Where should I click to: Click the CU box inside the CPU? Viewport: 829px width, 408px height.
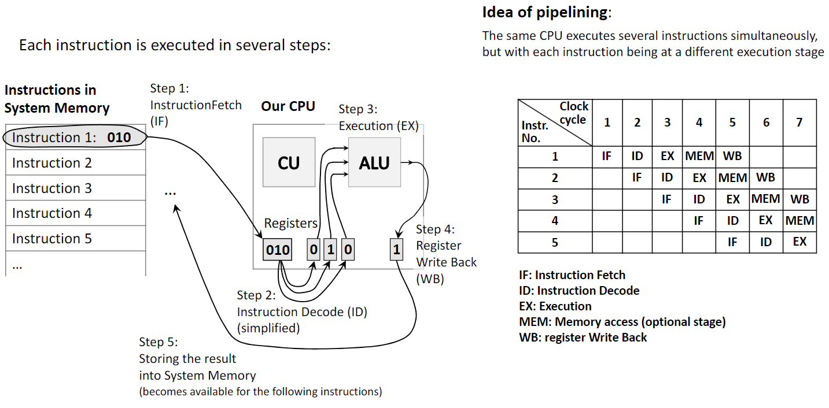pos(289,162)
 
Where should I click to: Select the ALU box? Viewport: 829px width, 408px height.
pos(374,162)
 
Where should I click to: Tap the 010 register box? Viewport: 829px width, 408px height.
pos(278,250)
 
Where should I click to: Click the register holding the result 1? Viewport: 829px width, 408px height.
pos(396,250)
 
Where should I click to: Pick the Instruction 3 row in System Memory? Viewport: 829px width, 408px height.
pos(75,188)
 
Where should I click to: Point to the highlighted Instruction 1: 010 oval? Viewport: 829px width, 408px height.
pos(74,138)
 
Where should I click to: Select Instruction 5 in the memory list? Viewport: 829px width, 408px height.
pos(75,239)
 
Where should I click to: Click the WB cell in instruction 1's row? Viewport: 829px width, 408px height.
pos(732,156)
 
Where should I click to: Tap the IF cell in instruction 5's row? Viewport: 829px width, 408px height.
pos(732,242)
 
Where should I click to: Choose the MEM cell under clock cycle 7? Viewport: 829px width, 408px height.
pos(799,221)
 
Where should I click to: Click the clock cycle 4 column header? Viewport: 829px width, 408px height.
pos(699,123)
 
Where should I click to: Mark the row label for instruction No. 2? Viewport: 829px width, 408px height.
pos(555,178)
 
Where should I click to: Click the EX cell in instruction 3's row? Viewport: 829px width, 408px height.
pos(732,199)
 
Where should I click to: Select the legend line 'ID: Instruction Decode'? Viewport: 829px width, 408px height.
pos(579,291)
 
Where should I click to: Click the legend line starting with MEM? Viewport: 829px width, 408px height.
pos(622,322)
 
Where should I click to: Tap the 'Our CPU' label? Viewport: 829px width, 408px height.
pos(288,106)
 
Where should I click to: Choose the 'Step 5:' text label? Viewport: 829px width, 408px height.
pos(159,342)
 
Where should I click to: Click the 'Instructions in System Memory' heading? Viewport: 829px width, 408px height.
pos(57,99)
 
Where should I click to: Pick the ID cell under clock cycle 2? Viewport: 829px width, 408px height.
pos(637,156)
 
